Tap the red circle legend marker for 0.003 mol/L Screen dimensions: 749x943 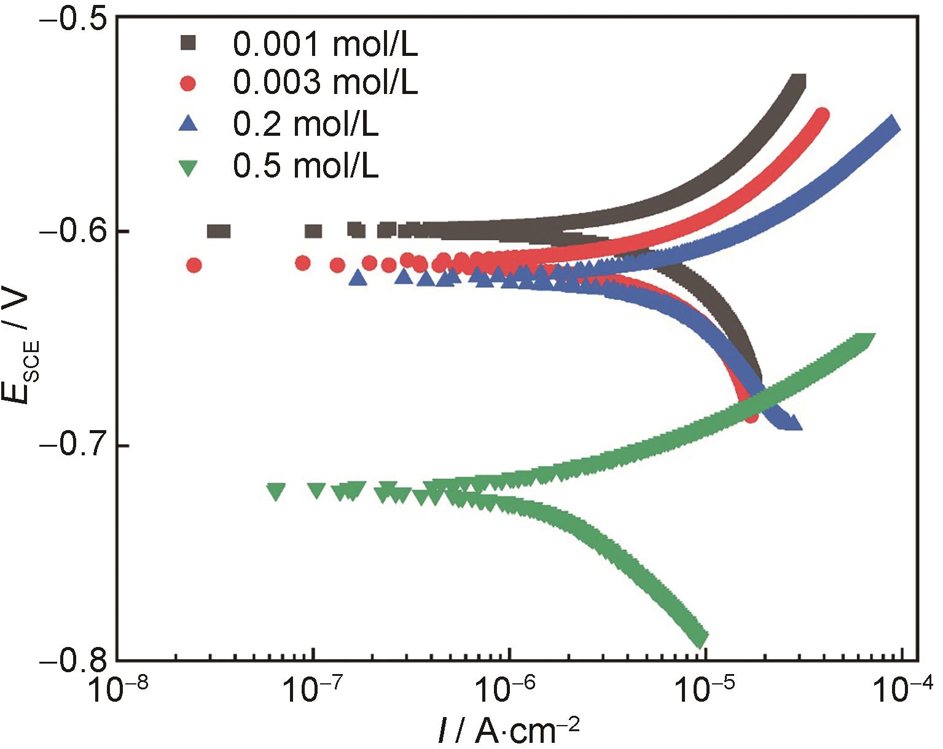point(189,84)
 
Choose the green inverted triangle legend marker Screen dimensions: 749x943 point(189,167)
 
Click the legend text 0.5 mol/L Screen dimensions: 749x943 point(305,166)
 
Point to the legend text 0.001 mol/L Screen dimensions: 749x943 point(325,44)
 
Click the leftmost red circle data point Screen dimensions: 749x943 point(194,265)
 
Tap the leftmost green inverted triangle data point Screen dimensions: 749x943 point(276,492)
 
